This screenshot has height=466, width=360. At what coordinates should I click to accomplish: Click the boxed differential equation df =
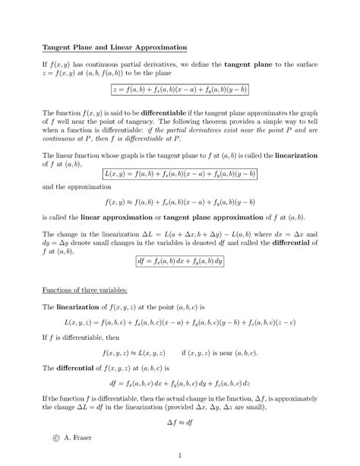coord(179,260)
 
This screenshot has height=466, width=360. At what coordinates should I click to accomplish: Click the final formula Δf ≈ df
coord(179,420)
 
